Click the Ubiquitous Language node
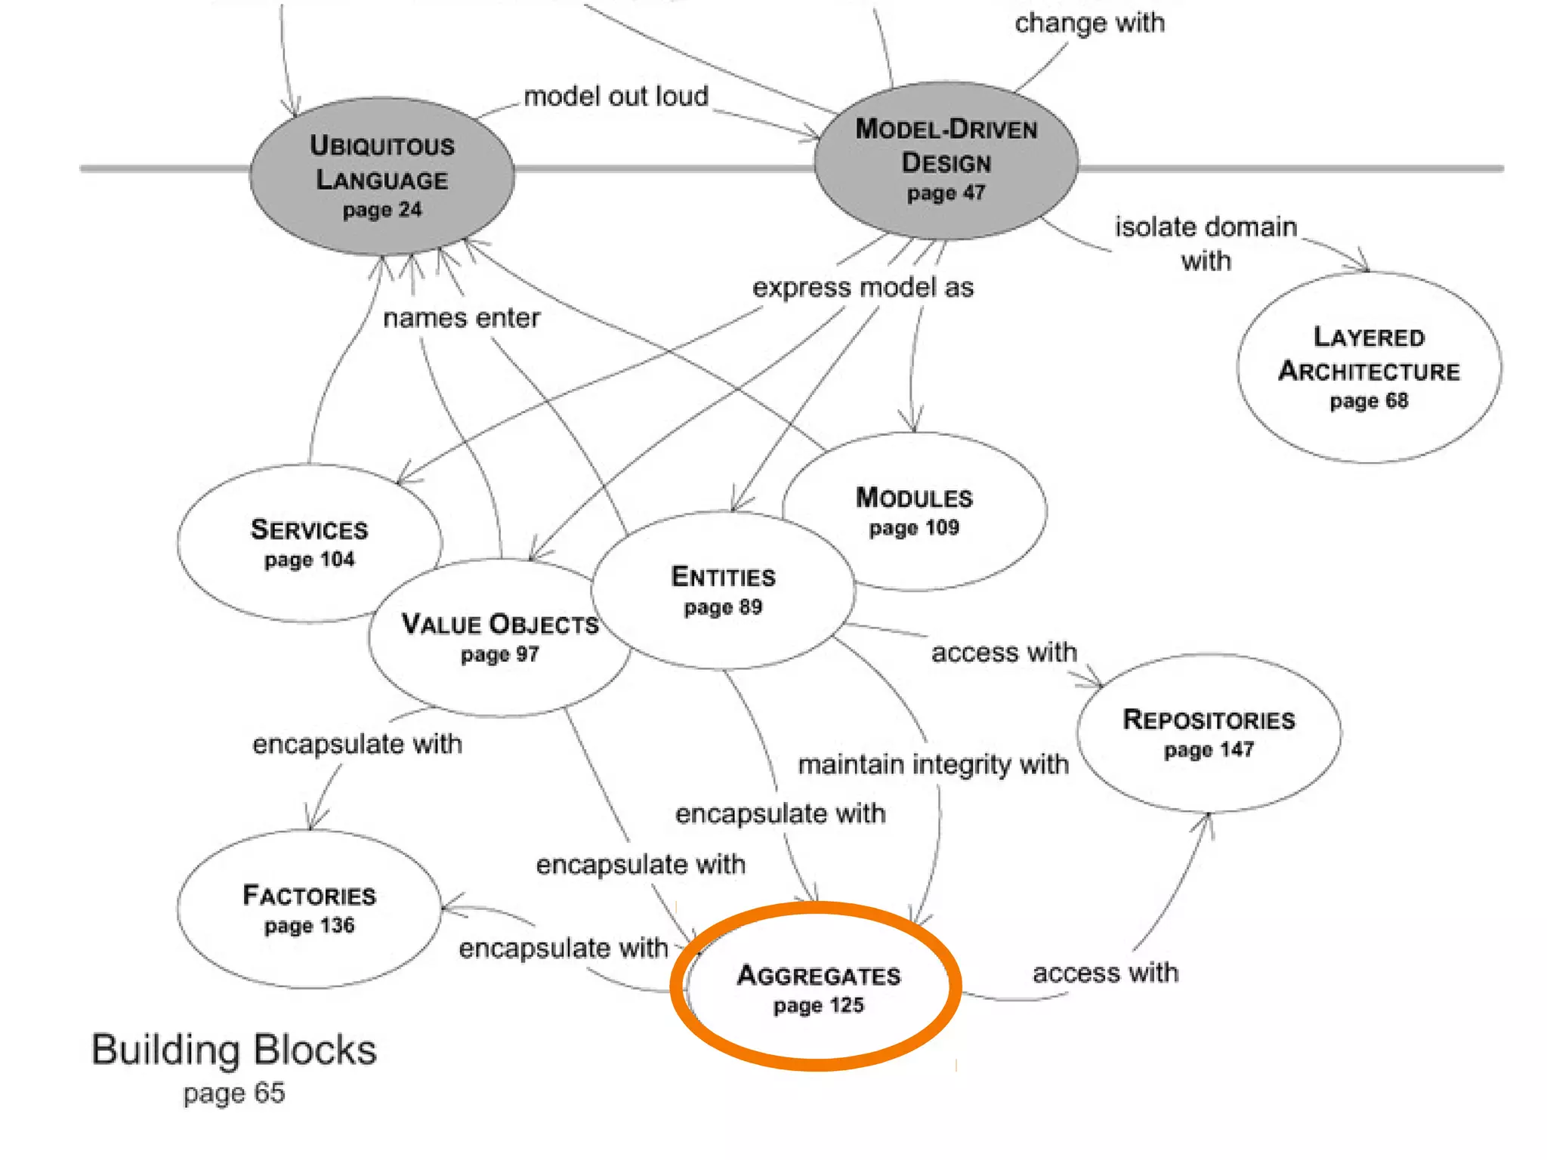click(382, 176)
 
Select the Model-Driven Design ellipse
click(946, 160)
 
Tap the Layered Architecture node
click(1369, 368)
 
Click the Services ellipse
click(309, 543)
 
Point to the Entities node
click(723, 590)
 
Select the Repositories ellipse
click(1209, 733)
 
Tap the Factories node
click(309, 909)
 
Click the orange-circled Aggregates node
click(818, 988)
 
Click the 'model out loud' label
click(616, 97)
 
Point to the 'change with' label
click(1089, 23)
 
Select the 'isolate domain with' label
click(1206, 243)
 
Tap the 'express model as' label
click(863, 288)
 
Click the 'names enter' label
click(462, 318)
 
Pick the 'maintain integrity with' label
click(933, 764)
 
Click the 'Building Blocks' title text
click(234, 1050)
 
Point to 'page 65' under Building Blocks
click(234, 1093)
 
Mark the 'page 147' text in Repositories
click(1209, 750)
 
